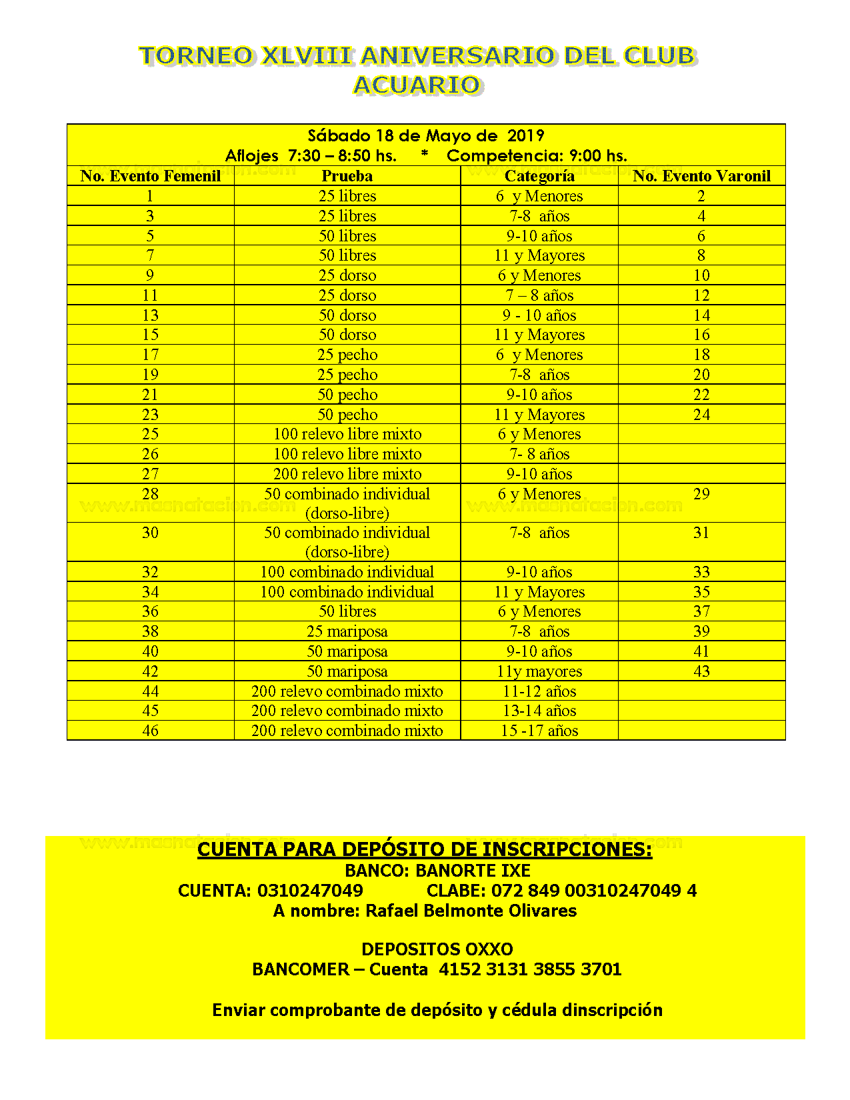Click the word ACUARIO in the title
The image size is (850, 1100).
417,85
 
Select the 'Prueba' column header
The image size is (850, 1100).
347,176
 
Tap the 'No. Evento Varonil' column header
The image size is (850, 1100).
701,176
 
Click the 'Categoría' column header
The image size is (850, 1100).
539,176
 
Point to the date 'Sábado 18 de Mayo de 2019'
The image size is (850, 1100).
425,136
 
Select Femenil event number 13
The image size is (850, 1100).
150,315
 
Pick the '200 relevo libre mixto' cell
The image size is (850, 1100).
347,474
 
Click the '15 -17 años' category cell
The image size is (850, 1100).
539,731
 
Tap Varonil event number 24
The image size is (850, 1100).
701,415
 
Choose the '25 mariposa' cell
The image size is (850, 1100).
347,631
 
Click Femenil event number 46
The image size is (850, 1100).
150,731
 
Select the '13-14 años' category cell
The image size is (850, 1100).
539,711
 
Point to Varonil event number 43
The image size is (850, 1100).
701,671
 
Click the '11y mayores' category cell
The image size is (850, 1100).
539,671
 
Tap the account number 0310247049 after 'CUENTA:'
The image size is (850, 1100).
310,891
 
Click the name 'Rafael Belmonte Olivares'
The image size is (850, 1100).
471,911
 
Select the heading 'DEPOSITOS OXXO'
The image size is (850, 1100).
437,949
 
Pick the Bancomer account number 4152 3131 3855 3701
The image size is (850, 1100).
530,969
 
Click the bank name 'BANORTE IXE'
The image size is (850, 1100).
473,871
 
